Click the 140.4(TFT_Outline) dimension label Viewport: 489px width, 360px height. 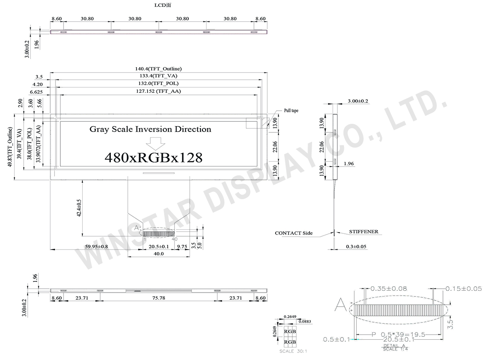[x=159, y=69]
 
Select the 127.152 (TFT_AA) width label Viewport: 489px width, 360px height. [x=159, y=92]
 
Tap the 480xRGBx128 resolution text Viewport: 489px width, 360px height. [x=153, y=157]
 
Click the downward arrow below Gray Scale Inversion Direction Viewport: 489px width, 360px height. [x=156, y=143]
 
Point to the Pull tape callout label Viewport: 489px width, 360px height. [x=291, y=110]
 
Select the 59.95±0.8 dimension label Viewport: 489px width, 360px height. [x=96, y=246]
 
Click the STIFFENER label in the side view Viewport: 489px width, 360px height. [x=363, y=232]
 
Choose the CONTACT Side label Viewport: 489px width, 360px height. [x=293, y=233]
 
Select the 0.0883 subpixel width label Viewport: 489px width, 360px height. [x=305, y=322]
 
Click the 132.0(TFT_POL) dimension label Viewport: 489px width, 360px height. [x=159, y=84]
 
